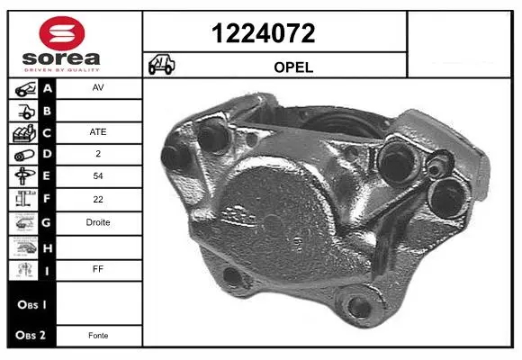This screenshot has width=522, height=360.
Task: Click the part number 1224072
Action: [263, 33]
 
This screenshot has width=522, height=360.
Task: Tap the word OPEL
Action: [293, 67]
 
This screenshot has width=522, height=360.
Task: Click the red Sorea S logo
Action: [62, 33]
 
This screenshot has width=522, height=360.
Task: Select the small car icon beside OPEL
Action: [161, 64]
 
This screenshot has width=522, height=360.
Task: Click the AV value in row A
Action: [98, 87]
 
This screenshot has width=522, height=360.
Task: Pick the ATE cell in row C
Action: [98, 132]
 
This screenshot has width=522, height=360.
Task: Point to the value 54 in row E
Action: [98, 175]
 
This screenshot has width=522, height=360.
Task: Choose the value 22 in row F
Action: [98, 199]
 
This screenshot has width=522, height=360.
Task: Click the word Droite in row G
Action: [98, 222]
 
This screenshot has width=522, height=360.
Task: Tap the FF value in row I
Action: [98, 269]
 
